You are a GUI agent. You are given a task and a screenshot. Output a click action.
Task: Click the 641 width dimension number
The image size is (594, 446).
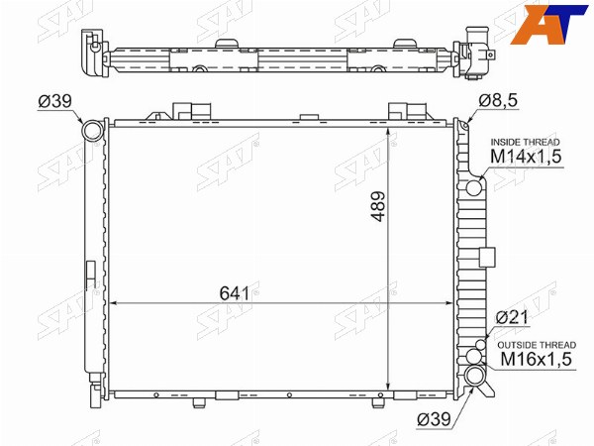235,293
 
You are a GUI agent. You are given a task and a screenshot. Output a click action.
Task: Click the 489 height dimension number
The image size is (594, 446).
378,206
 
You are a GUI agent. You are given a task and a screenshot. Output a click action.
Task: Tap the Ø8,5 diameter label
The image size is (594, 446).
498,101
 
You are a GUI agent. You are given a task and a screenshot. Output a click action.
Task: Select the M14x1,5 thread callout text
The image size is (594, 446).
526,157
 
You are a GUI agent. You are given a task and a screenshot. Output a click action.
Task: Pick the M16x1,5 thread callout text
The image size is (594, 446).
536,359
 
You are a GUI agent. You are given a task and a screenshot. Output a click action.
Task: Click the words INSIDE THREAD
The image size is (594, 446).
525,142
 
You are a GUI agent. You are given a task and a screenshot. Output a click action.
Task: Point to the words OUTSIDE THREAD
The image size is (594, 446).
537,345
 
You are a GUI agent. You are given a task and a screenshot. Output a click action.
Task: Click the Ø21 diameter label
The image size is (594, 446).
512,317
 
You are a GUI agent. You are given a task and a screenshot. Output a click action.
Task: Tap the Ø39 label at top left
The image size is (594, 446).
54,101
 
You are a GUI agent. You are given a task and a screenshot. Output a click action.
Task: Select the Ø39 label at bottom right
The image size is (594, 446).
434,419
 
